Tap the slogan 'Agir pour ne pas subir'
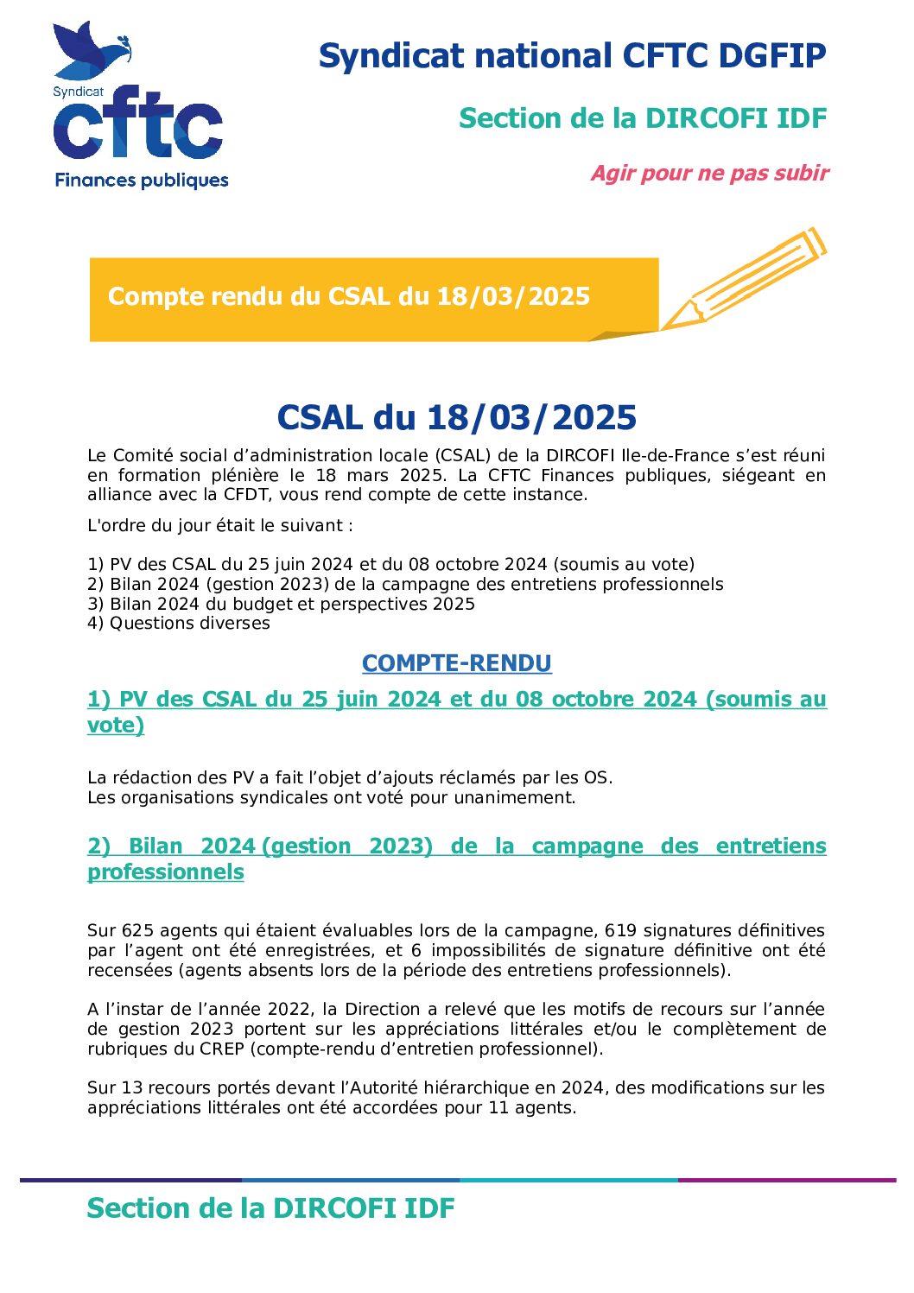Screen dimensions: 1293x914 tap(709, 174)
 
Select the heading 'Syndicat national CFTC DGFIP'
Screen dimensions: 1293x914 tap(572, 56)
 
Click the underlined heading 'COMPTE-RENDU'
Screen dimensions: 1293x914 tap(456, 663)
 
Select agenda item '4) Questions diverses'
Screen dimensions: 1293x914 tap(178, 624)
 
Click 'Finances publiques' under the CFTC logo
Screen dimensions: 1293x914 tap(142, 181)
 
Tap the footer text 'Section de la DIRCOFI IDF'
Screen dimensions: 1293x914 tap(270, 1208)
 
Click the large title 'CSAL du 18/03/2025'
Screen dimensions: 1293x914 tap(456, 418)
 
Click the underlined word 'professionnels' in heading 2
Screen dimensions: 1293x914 tap(166, 872)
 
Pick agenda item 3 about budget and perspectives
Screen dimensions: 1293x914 tap(281, 604)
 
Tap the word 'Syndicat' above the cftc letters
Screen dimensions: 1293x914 tap(78, 92)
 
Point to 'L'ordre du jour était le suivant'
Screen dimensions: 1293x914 tap(219, 526)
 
